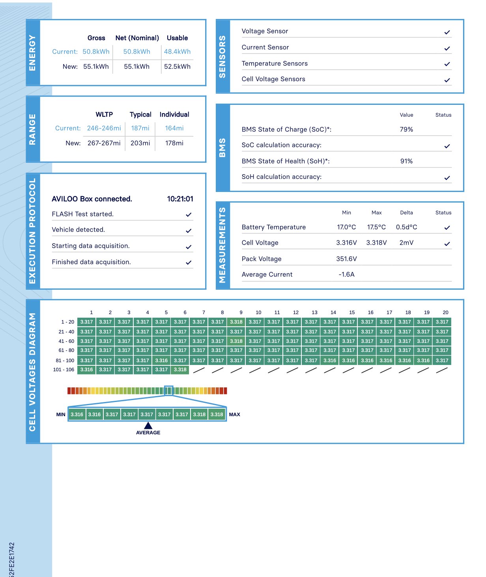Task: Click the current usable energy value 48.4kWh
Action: click(x=177, y=52)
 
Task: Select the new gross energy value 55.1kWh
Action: click(x=96, y=67)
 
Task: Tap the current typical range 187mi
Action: click(x=140, y=128)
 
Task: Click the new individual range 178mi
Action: click(x=174, y=143)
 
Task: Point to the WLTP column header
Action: click(x=104, y=114)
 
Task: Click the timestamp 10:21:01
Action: click(x=180, y=199)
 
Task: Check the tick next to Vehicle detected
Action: click(x=189, y=231)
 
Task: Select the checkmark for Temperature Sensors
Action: click(x=447, y=64)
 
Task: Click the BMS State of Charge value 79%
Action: click(x=406, y=129)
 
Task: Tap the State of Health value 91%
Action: click(x=406, y=161)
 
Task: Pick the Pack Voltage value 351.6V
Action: click(x=346, y=259)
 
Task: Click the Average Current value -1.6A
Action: click(x=346, y=274)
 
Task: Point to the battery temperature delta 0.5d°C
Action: click(x=406, y=227)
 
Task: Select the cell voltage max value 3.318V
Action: click(x=376, y=243)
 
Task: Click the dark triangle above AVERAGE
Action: click(x=148, y=425)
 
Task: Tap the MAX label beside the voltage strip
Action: click(x=234, y=415)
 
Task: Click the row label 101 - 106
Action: click(x=64, y=370)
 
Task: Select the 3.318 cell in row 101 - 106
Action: click(x=180, y=370)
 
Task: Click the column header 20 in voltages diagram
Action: click(x=445, y=312)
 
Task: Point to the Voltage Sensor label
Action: click(x=265, y=31)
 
